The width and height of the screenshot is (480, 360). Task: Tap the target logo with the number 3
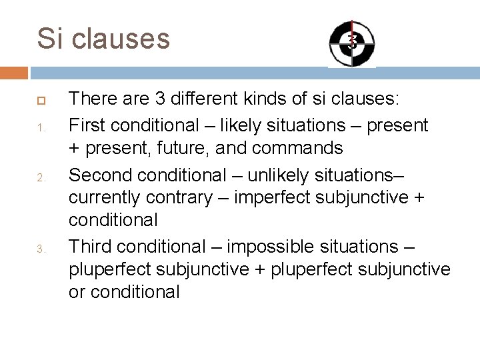(x=352, y=43)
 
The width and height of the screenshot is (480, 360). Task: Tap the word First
(x=87, y=125)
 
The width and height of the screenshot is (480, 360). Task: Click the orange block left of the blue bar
(x=14, y=72)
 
